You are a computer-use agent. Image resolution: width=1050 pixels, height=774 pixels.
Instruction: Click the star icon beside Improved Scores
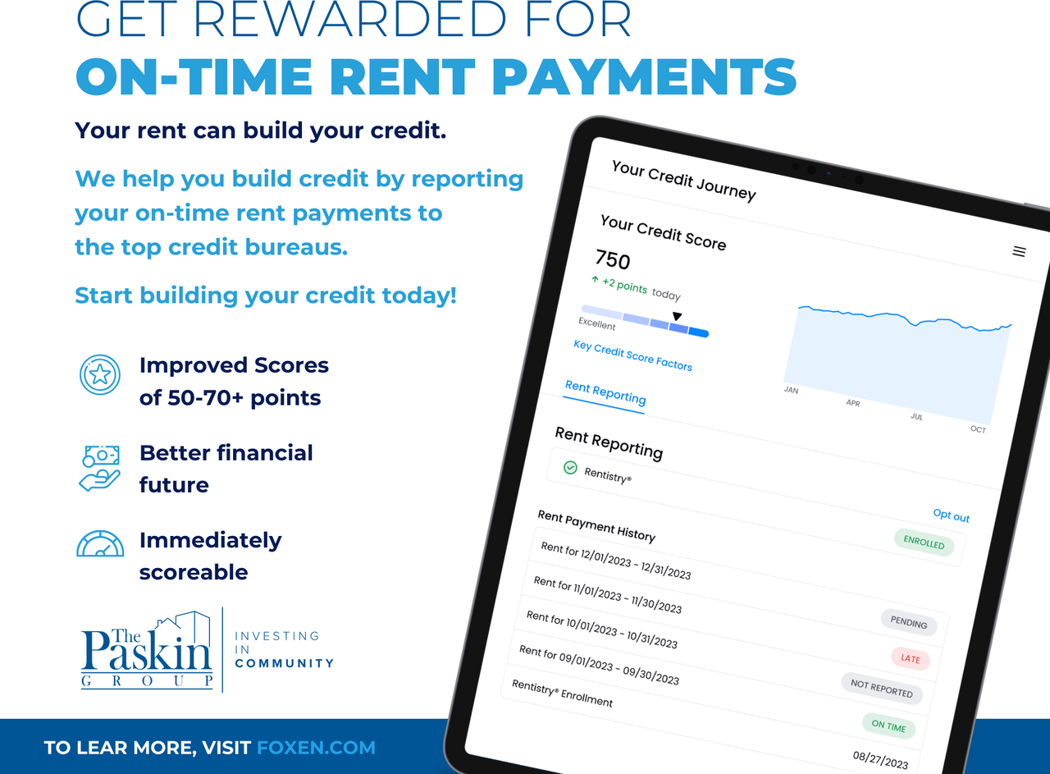click(x=100, y=374)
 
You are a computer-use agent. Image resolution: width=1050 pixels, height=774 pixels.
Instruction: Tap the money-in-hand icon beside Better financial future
click(x=99, y=468)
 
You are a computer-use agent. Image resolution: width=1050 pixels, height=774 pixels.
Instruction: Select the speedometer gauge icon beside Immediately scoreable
click(x=100, y=543)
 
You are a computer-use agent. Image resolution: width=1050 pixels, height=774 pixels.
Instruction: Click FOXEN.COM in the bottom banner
click(x=316, y=748)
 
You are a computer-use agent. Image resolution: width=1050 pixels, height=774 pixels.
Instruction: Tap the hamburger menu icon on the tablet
click(x=1019, y=251)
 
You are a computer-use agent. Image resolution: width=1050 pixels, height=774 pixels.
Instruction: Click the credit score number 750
click(x=613, y=260)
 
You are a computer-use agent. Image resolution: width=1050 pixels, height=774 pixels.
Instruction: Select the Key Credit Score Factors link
click(x=632, y=355)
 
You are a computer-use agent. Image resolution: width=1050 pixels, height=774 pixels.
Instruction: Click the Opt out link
click(x=951, y=515)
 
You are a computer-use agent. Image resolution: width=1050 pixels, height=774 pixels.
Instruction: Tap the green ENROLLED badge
click(x=924, y=543)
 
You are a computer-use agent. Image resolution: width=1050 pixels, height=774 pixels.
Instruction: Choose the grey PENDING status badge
click(x=909, y=622)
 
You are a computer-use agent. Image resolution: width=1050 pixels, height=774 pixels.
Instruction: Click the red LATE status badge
click(x=911, y=658)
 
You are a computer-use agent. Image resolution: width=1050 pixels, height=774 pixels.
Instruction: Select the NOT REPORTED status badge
click(x=882, y=689)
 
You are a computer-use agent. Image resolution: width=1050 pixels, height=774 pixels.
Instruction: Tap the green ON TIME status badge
click(x=888, y=726)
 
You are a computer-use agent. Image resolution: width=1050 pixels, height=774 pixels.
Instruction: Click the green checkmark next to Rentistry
click(x=570, y=468)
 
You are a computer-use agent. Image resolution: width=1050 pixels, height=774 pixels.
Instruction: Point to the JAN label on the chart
click(x=792, y=390)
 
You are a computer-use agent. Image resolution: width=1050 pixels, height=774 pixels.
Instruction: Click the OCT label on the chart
click(x=978, y=429)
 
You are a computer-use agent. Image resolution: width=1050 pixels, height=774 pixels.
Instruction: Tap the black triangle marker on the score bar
click(x=677, y=316)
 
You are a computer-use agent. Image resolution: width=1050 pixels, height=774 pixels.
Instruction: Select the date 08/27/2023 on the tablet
click(x=880, y=760)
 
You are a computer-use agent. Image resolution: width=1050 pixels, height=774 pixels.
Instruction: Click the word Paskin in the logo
click(x=146, y=650)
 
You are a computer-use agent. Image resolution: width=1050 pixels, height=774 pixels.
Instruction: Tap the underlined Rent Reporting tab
click(x=605, y=392)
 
